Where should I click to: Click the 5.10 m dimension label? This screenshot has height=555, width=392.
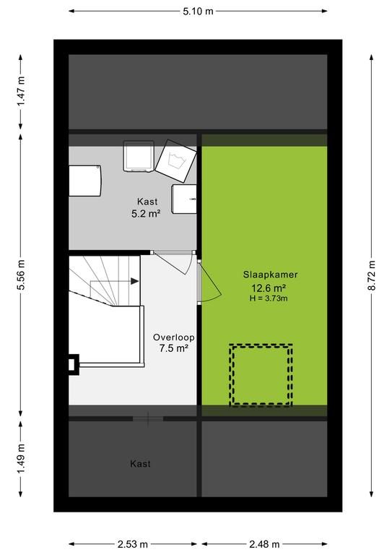(198, 12)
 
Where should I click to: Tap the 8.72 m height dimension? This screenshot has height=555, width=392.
(372, 275)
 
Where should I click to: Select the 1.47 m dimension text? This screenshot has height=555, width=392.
(21, 91)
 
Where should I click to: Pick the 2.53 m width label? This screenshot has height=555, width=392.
(133, 544)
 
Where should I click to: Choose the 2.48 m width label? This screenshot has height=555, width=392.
(264, 544)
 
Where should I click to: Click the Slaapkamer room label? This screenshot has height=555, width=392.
(271, 275)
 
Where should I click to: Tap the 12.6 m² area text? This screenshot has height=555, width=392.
(269, 288)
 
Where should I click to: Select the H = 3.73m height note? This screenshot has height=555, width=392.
(269, 298)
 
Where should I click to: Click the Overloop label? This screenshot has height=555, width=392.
(173, 337)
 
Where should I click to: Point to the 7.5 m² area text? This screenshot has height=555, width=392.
(173, 348)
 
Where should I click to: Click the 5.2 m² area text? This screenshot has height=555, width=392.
(146, 213)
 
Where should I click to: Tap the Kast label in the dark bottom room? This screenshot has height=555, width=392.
(140, 464)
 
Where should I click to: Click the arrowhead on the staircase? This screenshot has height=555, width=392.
(135, 281)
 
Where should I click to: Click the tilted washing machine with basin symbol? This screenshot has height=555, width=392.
(175, 161)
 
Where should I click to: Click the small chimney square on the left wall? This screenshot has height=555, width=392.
(72, 364)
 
